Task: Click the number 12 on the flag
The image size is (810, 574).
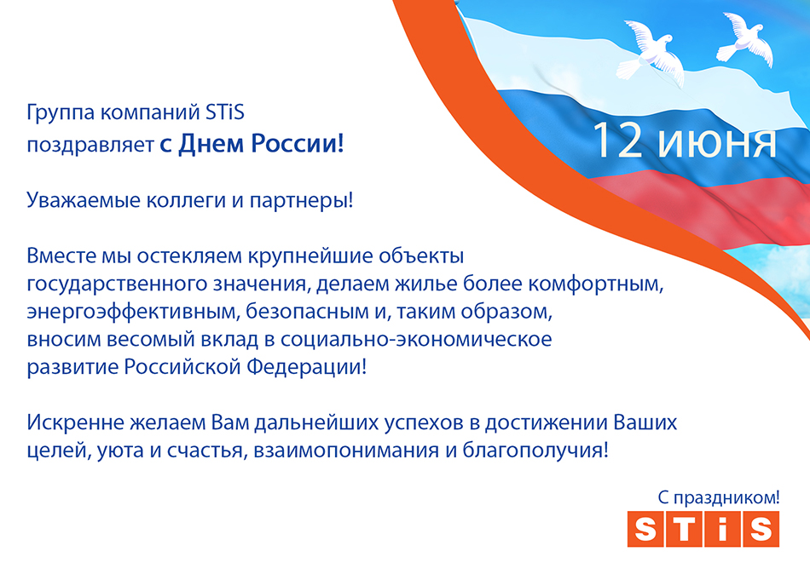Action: pos(617,140)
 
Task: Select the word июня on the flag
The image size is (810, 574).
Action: pos(716,142)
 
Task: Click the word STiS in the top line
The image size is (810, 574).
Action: pos(225,112)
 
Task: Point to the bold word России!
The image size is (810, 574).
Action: pos(297,143)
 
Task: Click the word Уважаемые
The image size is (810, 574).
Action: pos(84,201)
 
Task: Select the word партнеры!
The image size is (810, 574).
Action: pos(301,201)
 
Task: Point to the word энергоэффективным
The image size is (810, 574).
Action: pos(133,313)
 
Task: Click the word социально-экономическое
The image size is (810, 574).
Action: pos(416,339)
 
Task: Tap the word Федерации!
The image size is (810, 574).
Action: pos(306,367)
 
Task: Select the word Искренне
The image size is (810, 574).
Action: pos(75,422)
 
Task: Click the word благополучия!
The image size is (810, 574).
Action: pos(535,451)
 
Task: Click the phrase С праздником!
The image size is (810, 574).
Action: pos(719,497)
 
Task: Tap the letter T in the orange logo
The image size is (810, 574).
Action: pos(684,529)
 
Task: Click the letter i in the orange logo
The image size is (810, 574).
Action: pos(721,529)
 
